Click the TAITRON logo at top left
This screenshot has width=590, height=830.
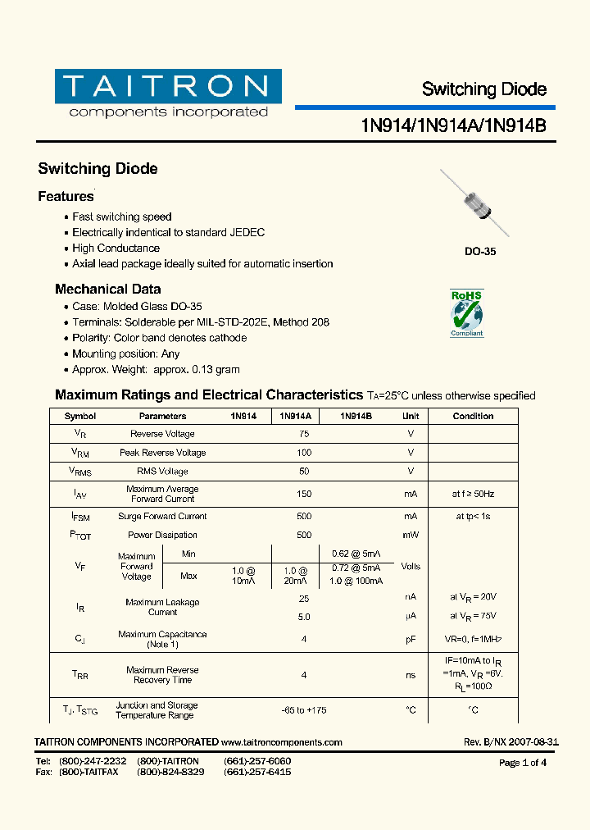tap(168, 94)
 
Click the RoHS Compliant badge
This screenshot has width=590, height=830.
tap(467, 312)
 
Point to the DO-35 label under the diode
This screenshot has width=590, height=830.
tap(480, 252)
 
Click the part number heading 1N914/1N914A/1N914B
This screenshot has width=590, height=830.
tap(453, 125)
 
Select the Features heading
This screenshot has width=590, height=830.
tap(66, 197)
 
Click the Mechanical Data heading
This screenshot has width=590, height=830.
tap(107, 290)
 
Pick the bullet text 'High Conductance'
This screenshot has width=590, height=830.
tap(116, 249)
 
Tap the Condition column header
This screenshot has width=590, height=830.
tap(473, 417)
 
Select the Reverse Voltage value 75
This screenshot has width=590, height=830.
tap(304, 434)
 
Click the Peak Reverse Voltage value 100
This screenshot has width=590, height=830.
tap(304, 453)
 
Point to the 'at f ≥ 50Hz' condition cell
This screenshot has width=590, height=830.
tap(473, 494)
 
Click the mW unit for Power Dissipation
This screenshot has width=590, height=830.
tap(411, 535)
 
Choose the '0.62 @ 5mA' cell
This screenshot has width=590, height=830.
tap(356, 554)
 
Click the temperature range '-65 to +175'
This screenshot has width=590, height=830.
tap(304, 710)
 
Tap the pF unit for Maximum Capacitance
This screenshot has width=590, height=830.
tap(411, 639)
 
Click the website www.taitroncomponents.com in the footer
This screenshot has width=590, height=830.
tap(282, 742)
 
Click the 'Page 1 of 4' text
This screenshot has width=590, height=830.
tap(523, 763)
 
